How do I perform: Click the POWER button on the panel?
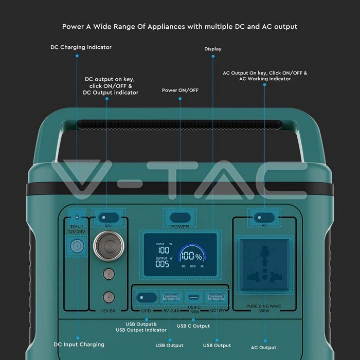pyautogui.click(x=180, y=217)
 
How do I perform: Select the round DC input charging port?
pyautogui.click(x=77, y=246)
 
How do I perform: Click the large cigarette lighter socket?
pyautogui.click(x=108, y=244)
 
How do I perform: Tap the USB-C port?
pyautogui.click(x=194, y=297)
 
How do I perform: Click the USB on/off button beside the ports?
pyautogui.click(x=146, y=297)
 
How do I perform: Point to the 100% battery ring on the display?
pyautogui.click(x=190, y=256)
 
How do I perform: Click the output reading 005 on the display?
pyautogui.click(x=163, y=264)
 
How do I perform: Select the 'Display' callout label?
pyautogui.click(x=212, y=49)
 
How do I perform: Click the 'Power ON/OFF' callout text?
pyautogui.click(x=180, y=90)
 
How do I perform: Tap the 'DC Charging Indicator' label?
pyautogui.click(x=81, y=47)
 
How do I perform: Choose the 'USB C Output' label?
pyautogui.click(x=193, y=326)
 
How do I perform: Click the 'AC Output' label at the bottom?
pyautogui.click(x=264, y=348)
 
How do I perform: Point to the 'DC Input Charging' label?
pyautogui.click(x=79, y=344)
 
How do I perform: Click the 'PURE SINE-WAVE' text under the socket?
pyautogui.click(x=264, y=306)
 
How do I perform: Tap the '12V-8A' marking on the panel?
pyautogui.click(x=108, y=310)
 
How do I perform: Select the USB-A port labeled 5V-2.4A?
pyautogui.click(x=171, y=297)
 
